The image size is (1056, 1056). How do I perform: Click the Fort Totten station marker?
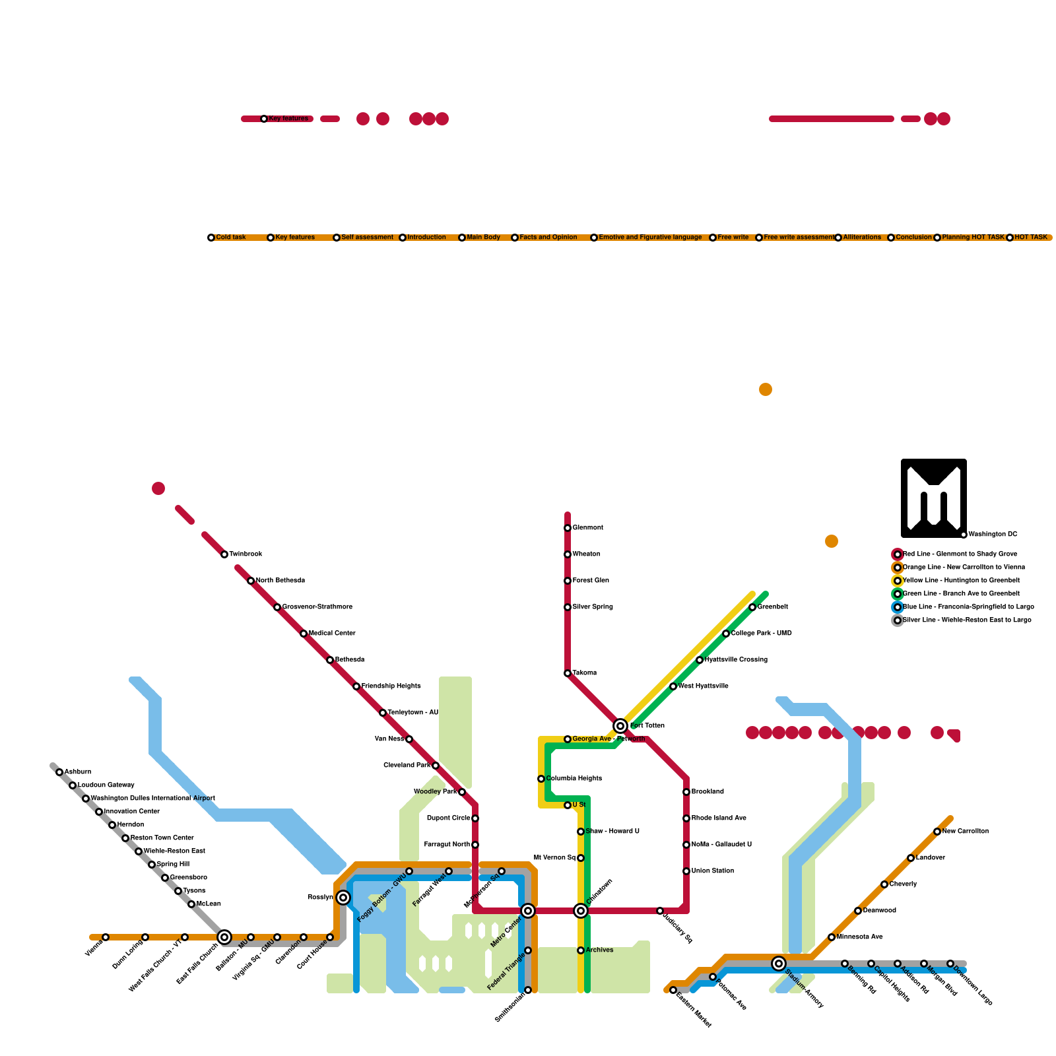click(x=620, y=726)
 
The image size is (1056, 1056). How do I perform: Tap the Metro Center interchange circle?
click(x=528, y=911)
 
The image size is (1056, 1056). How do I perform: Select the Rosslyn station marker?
click(x=343, y=898)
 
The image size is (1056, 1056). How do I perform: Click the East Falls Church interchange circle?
click(x=224, y=937)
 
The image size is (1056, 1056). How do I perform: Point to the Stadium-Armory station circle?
click(x=779, y=964)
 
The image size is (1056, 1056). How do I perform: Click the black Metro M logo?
click(x=933, y=498)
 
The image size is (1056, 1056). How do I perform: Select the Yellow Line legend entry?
click(x=961, y=581)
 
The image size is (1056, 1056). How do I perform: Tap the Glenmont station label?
click(x=587, y=528)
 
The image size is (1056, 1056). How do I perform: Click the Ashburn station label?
click(x=78, y=772)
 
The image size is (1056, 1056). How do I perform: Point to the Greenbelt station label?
click(x=772, y=607)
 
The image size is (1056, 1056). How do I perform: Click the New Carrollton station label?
click(x=965, y=832)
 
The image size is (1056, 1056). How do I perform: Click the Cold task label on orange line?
click(x=231, y=238)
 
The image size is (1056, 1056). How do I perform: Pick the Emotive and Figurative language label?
click(x=650, y=238)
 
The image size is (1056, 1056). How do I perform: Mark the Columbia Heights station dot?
click(x=541, y=779)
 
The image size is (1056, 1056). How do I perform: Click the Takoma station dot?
click(x=568, y=673)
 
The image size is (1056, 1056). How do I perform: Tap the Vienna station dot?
click(x=106, y=937)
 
